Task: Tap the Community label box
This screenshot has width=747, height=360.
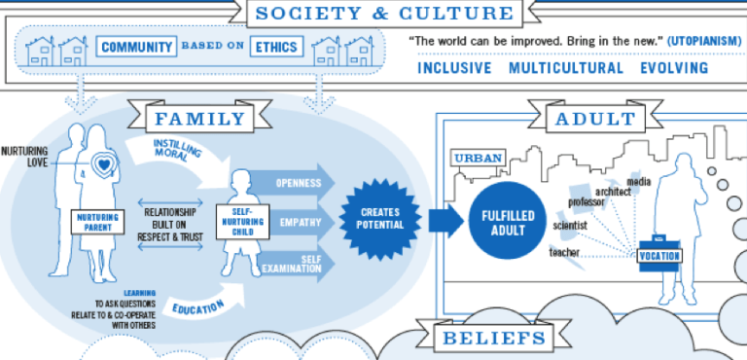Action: tap(136, 46)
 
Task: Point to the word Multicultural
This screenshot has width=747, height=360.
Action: tap(566, 68)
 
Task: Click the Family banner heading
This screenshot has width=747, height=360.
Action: tap(199, 120)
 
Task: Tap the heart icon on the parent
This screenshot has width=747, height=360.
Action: tap(105, 165)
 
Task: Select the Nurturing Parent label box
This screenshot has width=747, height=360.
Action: tap(102, 220)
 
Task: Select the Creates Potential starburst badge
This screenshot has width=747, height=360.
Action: tap(379, 217)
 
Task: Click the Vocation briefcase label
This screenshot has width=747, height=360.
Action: tap(659, 256)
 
